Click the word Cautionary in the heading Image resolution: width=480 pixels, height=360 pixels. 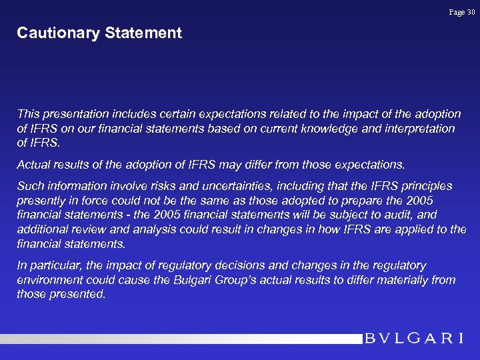pos(55,33)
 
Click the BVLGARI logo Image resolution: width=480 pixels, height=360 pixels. pos(414,338)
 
